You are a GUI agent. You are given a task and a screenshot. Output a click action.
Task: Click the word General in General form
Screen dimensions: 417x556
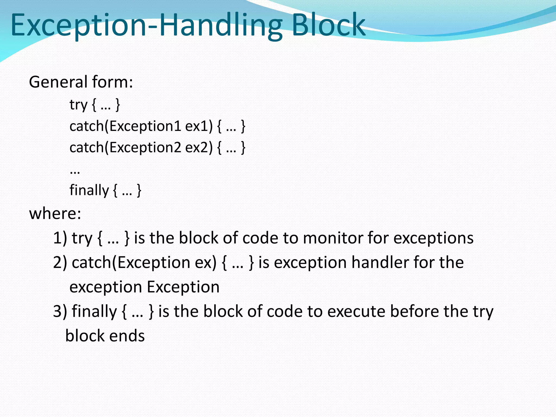pyautogui.click(x=58, y=82)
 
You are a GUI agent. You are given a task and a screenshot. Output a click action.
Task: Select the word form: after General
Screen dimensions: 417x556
pyautogui.click(x=112, y=82)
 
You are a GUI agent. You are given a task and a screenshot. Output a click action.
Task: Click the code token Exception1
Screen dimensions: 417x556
pyautogui.click(x=145, y=127)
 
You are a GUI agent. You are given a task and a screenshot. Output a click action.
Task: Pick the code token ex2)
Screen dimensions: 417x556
pyautogui.click(x=199, y=148)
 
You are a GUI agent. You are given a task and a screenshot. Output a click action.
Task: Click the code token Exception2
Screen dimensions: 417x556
pyautogui.click(x=145, y=148)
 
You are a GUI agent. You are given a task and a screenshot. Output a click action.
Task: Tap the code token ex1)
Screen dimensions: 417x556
pyautogui.click(x=199, y=127)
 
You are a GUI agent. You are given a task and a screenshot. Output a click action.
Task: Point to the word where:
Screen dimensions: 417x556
pyautogui.click(x=55, y=213)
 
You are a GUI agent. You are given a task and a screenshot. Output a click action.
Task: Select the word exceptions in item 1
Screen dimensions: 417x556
pyautogui.click(x=433, y=238)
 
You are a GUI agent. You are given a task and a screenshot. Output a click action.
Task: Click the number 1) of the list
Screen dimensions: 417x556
pyautogui.click(x=60, y=238)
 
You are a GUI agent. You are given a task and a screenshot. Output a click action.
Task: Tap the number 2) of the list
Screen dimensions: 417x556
pyautogui.click(x=60, y=262)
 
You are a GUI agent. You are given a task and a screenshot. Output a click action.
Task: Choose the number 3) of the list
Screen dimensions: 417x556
pyautogui.click(x=60, y=311)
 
